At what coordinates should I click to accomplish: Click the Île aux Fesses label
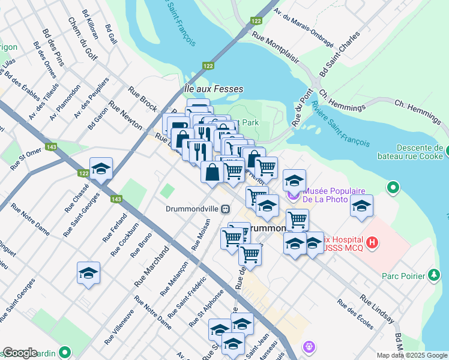(213, 89)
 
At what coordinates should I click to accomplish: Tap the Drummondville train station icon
(225, 209)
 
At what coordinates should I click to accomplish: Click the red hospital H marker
(373, 242)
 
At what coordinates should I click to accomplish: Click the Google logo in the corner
(19, 353)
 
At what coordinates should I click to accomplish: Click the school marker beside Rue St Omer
(101, 169)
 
